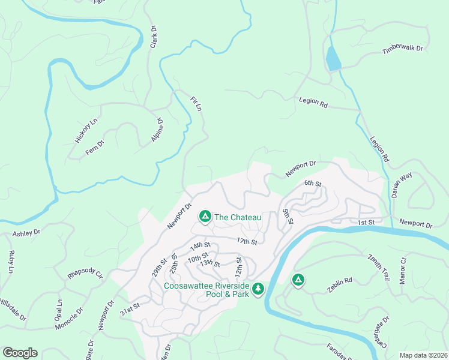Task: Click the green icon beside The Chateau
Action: [x=205, y=216]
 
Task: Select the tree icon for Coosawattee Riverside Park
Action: [x=258, y=289]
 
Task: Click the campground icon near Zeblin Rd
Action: [x=298, y=280]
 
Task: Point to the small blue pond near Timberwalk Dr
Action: [x=333, y=59]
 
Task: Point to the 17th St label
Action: [x=247, y=241]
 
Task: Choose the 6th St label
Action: [x=313, y=183]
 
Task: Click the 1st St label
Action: [x=366, y=223]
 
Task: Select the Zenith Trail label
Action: [x=379, y=268]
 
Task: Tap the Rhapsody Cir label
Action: [x=85, y=275]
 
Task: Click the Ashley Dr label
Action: [x=26, y=232]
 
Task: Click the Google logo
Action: [x=20, y=352]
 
